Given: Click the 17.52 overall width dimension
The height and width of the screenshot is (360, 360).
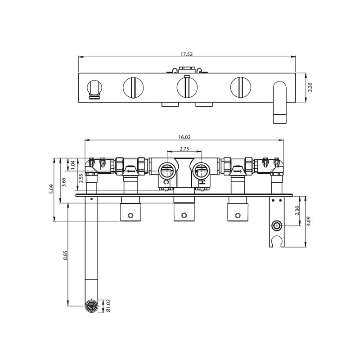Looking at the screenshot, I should tap(187, 54).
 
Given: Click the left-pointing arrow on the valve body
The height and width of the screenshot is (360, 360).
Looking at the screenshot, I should tap(131, 171).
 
